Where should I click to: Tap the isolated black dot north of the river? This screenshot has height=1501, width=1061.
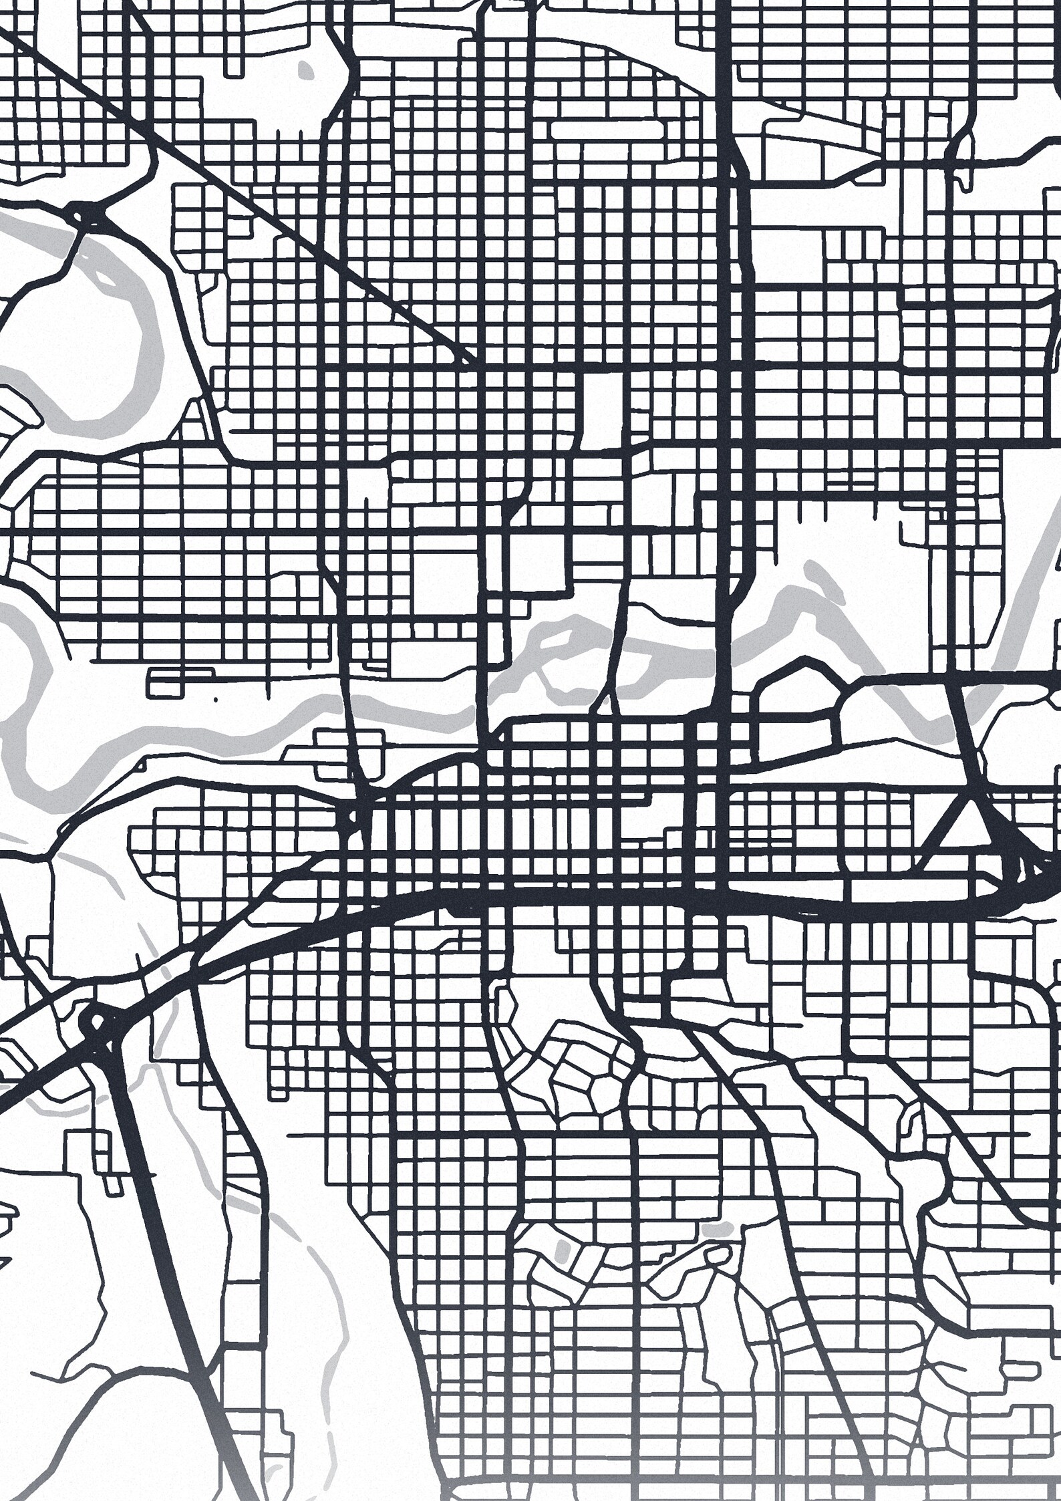(x=216, y=700)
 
